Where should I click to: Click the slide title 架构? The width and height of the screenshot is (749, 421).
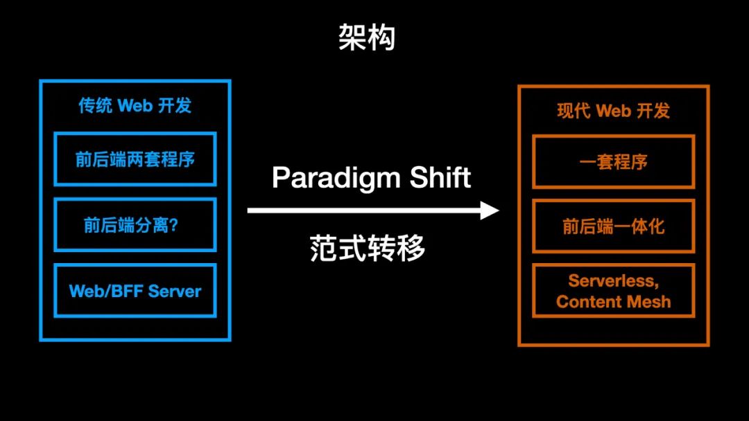367,37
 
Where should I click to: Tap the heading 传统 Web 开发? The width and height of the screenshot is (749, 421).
135,106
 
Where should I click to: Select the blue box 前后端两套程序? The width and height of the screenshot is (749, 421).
135,159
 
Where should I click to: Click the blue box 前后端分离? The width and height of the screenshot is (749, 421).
135,225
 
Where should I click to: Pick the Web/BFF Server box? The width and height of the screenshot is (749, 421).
135,291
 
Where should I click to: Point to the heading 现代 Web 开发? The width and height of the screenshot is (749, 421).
613,111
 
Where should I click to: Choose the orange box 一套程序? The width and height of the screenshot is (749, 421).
613,162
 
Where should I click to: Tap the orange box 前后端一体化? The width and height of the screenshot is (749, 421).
613,226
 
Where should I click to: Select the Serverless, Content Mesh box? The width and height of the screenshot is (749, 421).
613,291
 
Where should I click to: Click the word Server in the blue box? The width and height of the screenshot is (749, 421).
174,291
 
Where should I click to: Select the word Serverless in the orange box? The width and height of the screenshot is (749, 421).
612,280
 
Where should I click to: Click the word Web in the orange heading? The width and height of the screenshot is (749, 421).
613,111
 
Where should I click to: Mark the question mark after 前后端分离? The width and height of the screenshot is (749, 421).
173,225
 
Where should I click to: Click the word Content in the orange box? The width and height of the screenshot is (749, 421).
585,302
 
